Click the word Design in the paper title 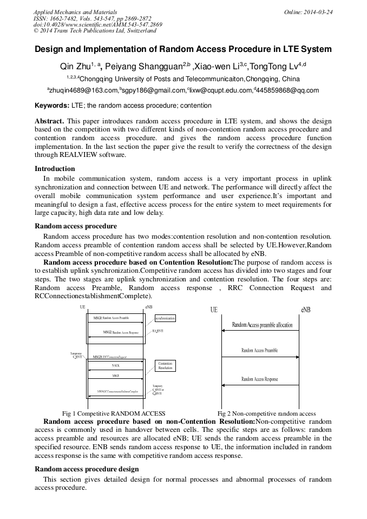(50, 49)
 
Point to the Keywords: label (53, 106)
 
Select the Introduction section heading (55, 168)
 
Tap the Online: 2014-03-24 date (307, 12)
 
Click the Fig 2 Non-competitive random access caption (266, 413)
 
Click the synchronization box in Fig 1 (165, 318)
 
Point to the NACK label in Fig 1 (115, 366)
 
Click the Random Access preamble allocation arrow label (262, 325)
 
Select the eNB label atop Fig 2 (305, 310)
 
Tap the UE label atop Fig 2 (214, 310)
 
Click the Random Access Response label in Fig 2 (259, 379)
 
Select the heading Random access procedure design (87, 469)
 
